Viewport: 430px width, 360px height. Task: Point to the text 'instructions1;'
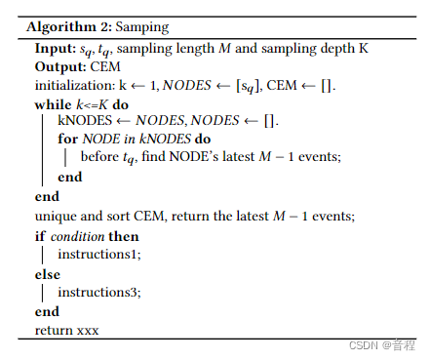tap(98, 256)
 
